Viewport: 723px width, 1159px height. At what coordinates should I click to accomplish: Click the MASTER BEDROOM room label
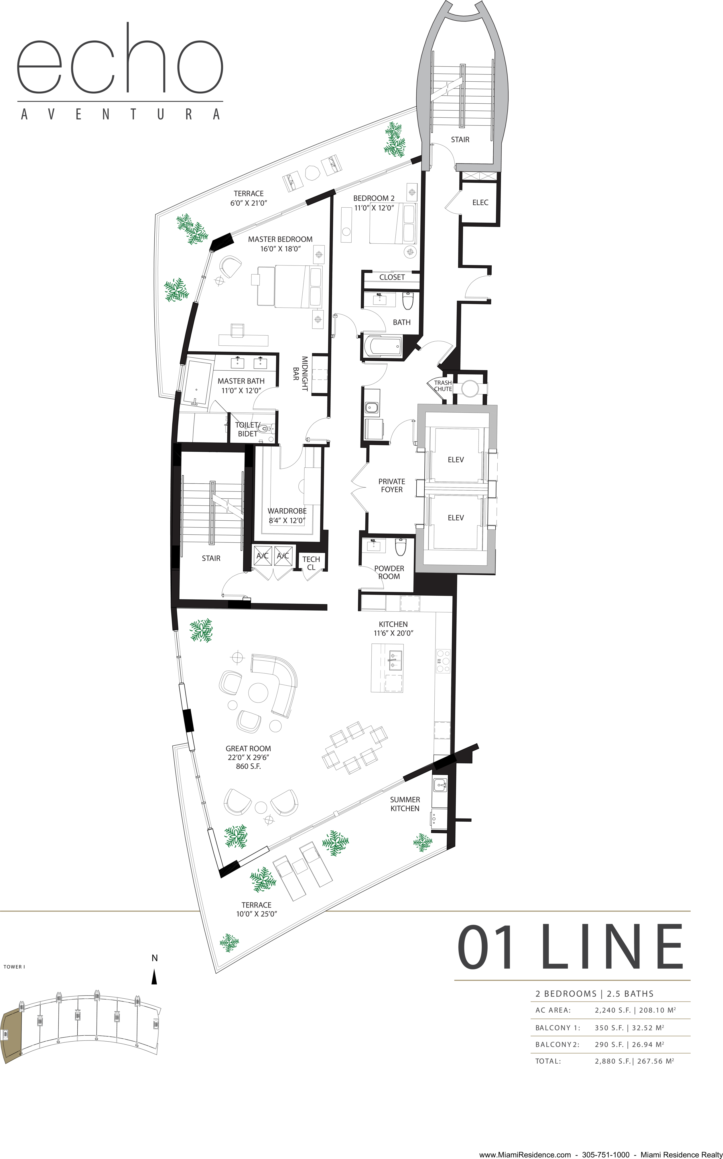pos(280,239)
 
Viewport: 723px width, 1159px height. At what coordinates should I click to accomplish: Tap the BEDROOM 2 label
pos(374,198)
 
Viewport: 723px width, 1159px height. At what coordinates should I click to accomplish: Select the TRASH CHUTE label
pos(443,386)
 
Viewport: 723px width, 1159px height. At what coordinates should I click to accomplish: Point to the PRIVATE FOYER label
pos(392,485)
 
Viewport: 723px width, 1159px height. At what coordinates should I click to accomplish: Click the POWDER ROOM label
pos(389,572)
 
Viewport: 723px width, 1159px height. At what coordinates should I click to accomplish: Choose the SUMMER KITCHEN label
pos(405,804)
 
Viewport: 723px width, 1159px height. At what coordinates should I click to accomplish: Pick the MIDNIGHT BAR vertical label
pos(300,373)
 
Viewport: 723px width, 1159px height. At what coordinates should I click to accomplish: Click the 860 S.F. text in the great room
pos(248,766)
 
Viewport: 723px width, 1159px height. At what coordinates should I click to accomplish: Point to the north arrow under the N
pos(154,977)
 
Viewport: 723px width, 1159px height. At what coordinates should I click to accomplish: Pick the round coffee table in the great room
pos(258,693)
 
